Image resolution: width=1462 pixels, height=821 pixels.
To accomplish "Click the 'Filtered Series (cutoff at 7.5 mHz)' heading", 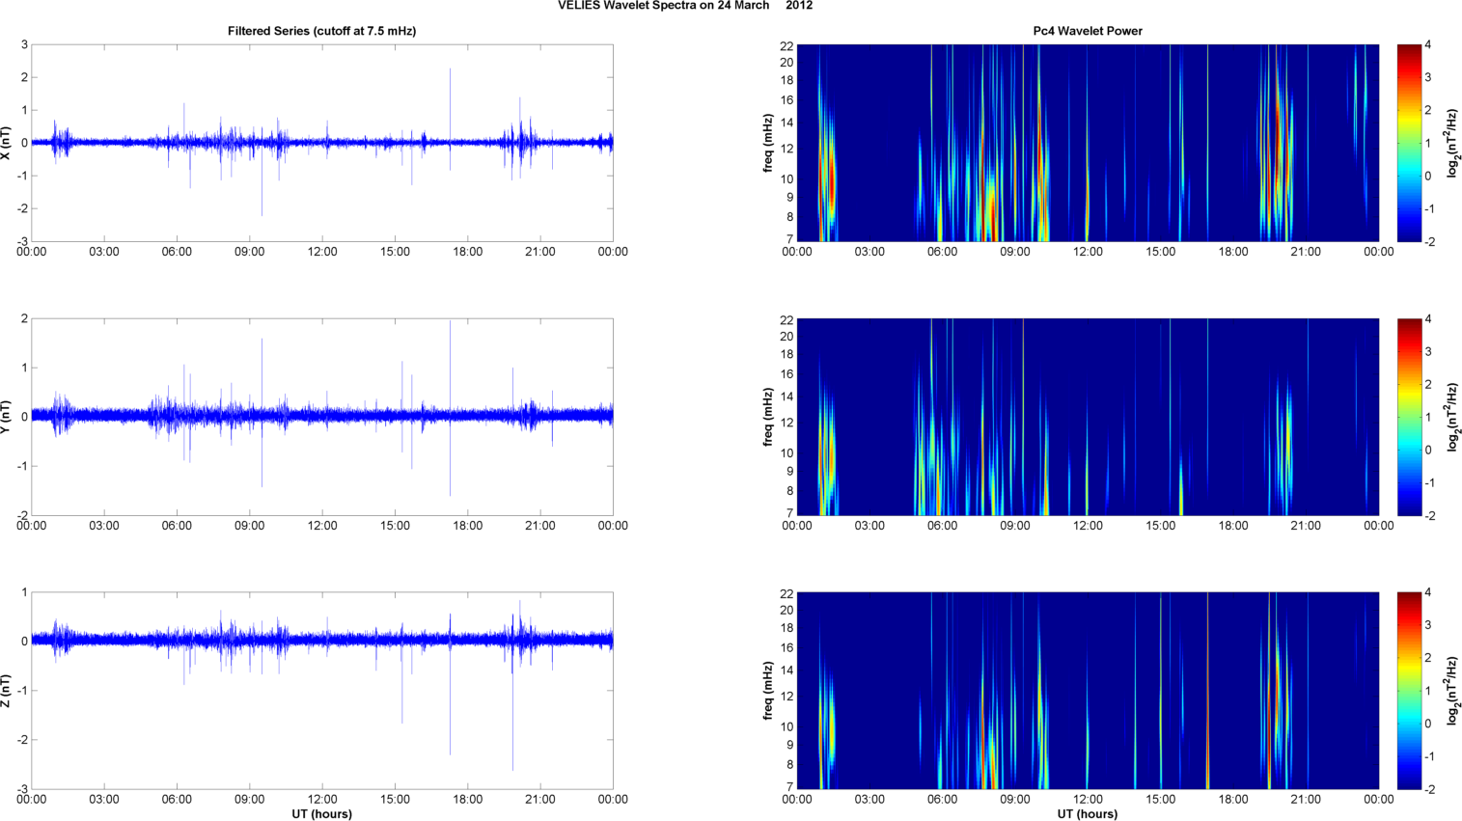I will click(x=321, y=31).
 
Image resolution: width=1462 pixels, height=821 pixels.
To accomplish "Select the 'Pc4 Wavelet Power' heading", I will click(x=1088, y=31).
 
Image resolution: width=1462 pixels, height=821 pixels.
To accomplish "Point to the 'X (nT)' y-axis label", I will click(x=7, y=143).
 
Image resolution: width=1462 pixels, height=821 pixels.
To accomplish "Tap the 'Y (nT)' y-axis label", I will click(x=7, y=417).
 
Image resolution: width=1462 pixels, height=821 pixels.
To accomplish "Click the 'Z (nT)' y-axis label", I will click(x=7, y=691).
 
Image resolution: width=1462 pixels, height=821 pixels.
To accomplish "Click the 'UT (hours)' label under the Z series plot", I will click(x=321, y=814).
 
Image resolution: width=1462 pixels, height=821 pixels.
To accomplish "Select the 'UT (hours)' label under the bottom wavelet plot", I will click(x=1088, y=814).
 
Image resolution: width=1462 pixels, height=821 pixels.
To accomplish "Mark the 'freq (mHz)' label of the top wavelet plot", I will click(x=768, y=143).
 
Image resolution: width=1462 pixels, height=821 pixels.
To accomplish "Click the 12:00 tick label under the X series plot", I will click(x=322, y=252).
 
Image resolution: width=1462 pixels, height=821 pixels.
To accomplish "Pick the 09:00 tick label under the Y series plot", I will click(x=249, y=526).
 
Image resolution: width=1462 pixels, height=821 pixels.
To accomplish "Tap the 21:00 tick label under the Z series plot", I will click(x=540, y=800).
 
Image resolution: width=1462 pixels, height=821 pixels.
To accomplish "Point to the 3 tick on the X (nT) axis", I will click(x=24, y=44).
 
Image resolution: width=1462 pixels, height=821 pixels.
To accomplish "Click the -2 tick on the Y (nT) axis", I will click(x=21, y=515).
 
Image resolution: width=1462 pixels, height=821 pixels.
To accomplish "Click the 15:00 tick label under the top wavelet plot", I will click(x=1160, y=252).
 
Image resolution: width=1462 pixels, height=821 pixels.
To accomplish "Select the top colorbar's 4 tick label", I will click(x=1427, y=44).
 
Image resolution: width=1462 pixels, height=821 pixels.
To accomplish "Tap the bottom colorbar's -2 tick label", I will click(x=1430, y=789).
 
